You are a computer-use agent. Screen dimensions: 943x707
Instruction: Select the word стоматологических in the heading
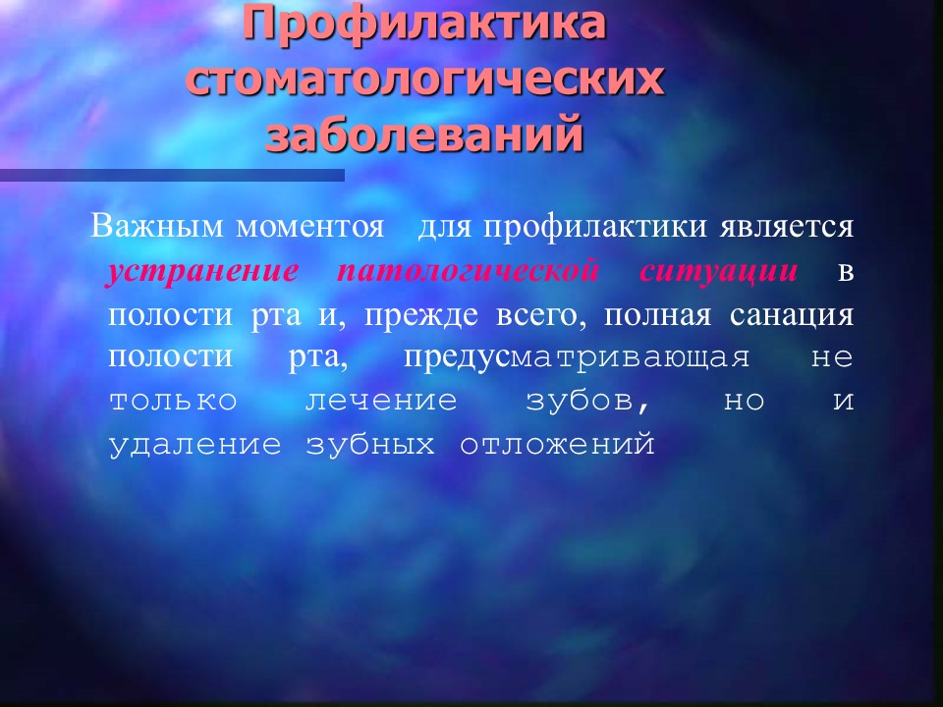click(424, 79)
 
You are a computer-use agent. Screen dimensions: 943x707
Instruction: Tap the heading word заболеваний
click(424, 133)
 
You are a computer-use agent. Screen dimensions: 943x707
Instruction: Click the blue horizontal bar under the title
click(172, 175)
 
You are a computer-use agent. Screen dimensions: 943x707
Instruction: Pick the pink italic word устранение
click(202, 272)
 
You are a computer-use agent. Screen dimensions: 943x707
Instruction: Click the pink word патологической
click(468, 271)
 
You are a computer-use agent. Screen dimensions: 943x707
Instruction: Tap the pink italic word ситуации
click(719, 272)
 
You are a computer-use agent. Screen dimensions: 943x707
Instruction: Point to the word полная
click(657, 315)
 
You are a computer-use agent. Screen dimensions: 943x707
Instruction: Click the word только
click(173, 401)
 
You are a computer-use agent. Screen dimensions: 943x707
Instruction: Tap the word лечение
click(381, 401)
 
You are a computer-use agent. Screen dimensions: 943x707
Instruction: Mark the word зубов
click(588, 401)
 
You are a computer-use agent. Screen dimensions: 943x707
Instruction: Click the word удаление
click(194, 445)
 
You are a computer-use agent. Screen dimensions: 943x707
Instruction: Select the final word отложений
click(558, 445)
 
